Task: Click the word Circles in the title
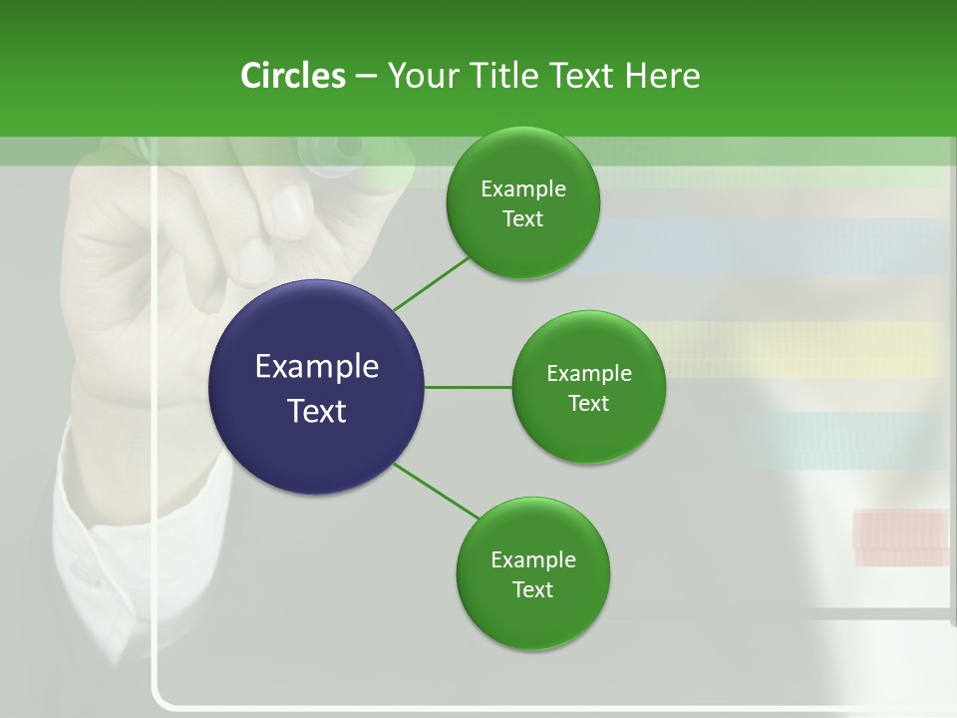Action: [x=292, y=76]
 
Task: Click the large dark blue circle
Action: [x=317, y=387]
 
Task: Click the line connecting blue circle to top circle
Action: [x=431, y=285]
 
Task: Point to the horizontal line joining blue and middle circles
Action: [x=468, y=387]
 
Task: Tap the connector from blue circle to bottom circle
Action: [x=437, y=490]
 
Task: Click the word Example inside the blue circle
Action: [x=317, y=366]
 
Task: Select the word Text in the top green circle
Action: [x=522, y=219]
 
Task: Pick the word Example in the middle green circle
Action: [x=588, y=373]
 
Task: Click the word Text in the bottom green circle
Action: [x=532, y=589]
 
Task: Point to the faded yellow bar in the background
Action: [x=797, y=348]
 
